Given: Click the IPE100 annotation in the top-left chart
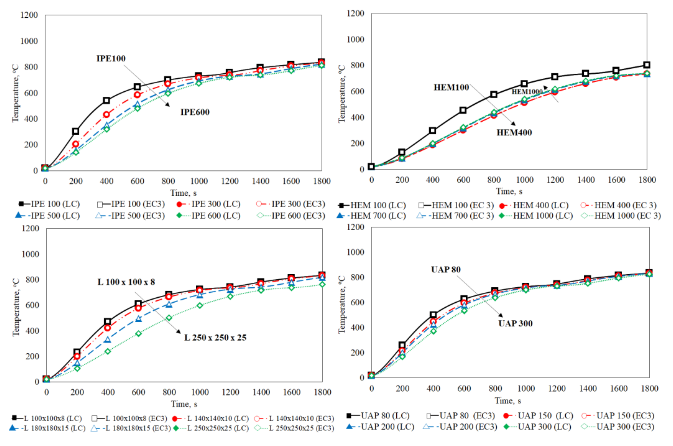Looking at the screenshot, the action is [111, 59].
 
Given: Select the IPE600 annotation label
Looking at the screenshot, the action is [195, 112].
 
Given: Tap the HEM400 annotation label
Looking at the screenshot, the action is [514, 133].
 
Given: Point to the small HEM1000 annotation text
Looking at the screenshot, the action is [527, 92].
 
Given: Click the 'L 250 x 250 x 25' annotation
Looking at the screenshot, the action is [215, 338].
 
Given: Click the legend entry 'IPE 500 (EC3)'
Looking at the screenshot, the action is [130, 216].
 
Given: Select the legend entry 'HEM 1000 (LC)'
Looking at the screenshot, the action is [536, 216].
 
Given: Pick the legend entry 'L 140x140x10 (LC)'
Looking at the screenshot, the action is [211, 418].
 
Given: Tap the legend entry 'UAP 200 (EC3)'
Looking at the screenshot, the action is [460, 427].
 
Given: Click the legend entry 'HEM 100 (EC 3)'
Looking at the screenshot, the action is [456, 205].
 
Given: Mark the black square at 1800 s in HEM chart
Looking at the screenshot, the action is [646, 65].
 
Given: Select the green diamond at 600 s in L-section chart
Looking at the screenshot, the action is [138, 333].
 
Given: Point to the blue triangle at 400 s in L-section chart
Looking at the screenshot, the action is [108, 339].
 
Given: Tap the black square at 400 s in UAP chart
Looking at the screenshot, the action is [433, 315].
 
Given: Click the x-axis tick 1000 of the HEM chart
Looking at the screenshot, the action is [525, 180].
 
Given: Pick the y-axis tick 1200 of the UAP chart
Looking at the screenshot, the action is [355, 227].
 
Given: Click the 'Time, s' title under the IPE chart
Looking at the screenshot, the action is [183, 193].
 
